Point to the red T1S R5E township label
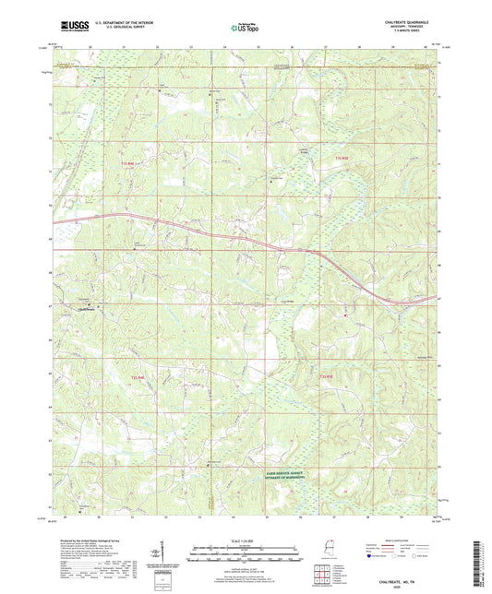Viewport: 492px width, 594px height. [341, 160]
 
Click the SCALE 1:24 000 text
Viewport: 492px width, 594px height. [245, 541]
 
